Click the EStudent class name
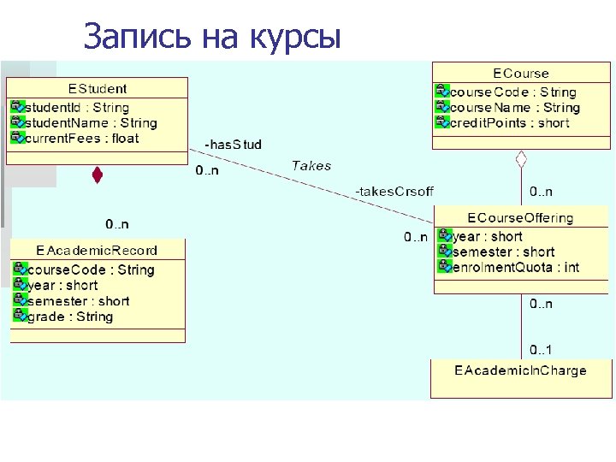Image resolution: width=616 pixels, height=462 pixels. [98, 88]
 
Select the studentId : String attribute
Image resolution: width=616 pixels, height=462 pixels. [77, 108]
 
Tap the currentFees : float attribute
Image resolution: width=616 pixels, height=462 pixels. [81, 139]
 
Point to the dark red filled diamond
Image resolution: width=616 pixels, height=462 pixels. [98, 175]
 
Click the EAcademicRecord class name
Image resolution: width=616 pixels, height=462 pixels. [97, 250]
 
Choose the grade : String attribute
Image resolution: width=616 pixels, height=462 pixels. [70, 317]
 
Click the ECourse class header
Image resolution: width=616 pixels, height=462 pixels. [521, 74]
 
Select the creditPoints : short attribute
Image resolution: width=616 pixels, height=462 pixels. [509, 123]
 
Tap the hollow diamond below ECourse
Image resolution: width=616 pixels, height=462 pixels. [521, 158]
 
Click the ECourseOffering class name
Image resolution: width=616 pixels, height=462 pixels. [520, 218]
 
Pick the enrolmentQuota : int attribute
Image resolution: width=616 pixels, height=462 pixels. [516, 267]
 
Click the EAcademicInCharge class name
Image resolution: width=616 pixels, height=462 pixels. [520, 370]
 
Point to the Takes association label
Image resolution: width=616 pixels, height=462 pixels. [311, 166]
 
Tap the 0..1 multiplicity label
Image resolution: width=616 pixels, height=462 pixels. [541, 349]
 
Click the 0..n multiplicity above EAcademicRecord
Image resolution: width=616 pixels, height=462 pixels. [117, 224]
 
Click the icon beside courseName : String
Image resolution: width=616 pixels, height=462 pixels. [442, 107]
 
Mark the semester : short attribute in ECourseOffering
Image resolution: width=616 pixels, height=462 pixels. [503, 252]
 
